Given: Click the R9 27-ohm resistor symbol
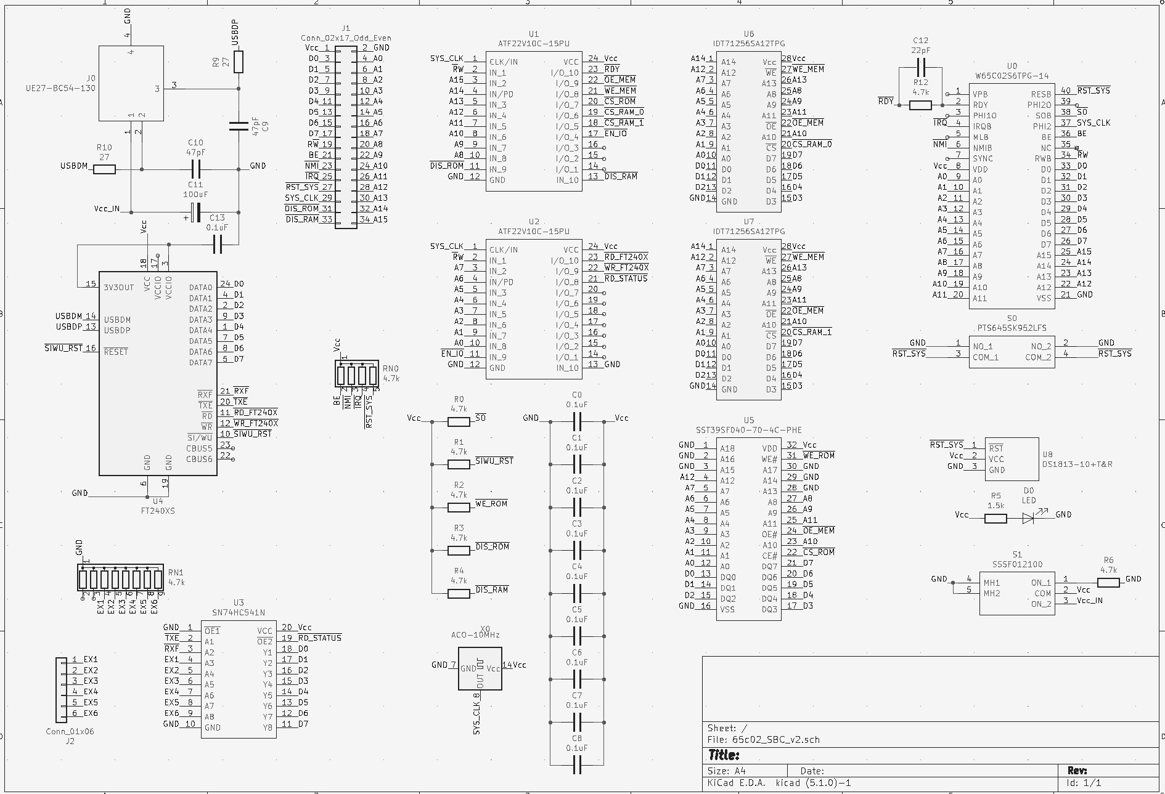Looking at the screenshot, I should pyautogui.click(x=239, y=62).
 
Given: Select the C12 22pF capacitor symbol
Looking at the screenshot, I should pyautogui.click(x=922, y=67).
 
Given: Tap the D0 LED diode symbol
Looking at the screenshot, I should pyautogui.click(x=1028, y=519).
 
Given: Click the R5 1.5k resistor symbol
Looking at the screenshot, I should pyautogui.click(x=995, y=519).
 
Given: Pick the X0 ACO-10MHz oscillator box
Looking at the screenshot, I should pyautogui.click(x=480, y=668).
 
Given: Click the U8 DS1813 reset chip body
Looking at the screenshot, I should pyautogui.click(x=1011, y=459).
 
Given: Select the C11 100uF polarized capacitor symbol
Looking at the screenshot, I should pyautogui.click(x=196, y=213).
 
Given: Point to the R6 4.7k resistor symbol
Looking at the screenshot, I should pyautogui.click(x=1108, y=583).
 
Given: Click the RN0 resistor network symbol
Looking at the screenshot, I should pyautogui.click(x=357, y=374).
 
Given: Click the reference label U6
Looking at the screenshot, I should pyautogui.click(x=748, y=34).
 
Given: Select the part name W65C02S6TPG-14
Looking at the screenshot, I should pyautogui.click(x=1012, y=76).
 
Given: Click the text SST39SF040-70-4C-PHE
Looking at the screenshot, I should pyautogui.click(x=748, y=430).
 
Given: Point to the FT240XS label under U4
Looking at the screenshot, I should pyautogui.click(x=158, y=511).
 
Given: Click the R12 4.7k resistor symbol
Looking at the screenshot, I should pyautogui.click(x=920, y=105).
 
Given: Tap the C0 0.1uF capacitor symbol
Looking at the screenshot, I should pyautogui.click(x=577, y=421).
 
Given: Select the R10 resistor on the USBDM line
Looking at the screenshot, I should pyautogui.click(x=104, y=169).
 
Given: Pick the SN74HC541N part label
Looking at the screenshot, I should pyautogui.click(x=239, y=613).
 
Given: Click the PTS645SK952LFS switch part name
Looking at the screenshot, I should pyautogui.click(x=1012, y=328).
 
